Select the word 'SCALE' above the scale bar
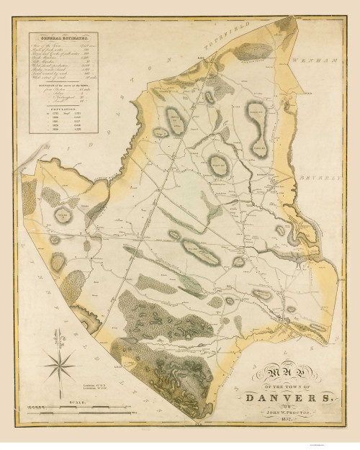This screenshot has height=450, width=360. point(70,404)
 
